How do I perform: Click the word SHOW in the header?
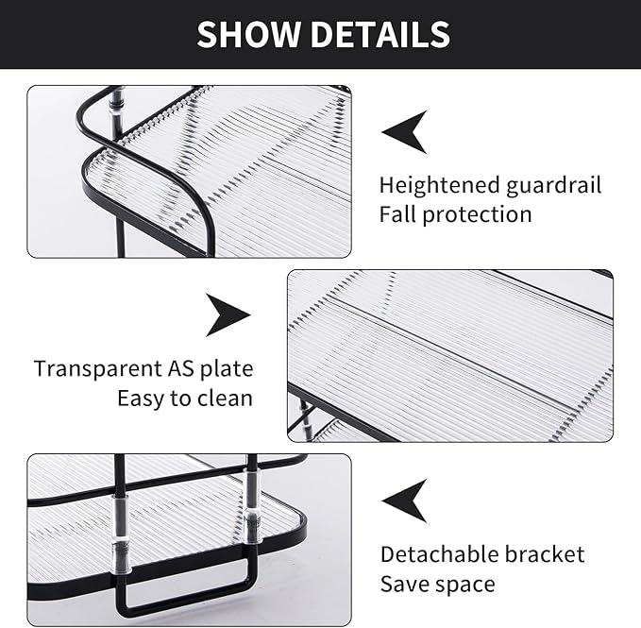248,35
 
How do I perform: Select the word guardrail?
550,185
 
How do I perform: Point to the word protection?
477,215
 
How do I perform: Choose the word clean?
225,398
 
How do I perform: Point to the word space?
465,585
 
